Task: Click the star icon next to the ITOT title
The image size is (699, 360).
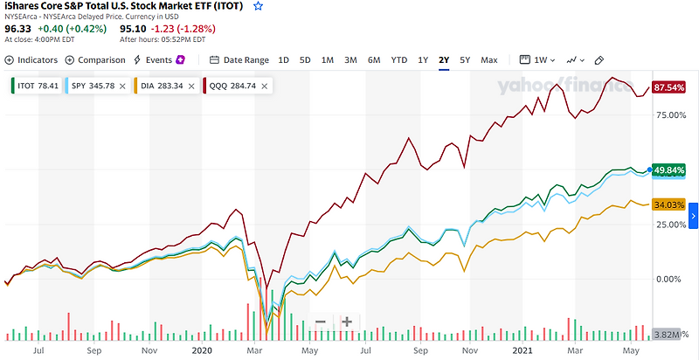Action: [x=258, y=6]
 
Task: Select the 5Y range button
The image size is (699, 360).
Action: [x=465, y=59]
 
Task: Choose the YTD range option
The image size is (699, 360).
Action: [x=398, y=59]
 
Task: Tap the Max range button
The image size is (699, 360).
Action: [x=488, y=59]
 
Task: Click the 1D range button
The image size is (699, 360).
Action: [x=283, y=59]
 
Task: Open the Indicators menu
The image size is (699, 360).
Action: [x=31, y=59]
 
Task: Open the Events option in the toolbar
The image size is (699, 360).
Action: [x=158, y=59]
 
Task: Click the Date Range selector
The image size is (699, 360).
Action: [x=239, y=59]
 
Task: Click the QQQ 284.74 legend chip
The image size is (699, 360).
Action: [x=232, y=86]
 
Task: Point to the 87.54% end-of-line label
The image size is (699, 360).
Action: [x=667, y=88]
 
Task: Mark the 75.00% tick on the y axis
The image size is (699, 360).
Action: [x=667, y=114]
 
